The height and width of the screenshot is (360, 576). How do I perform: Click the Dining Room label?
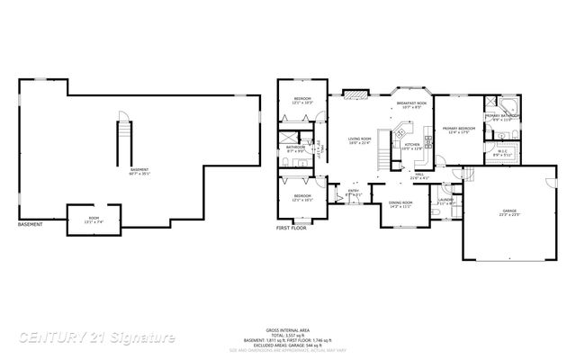tap(400, 204)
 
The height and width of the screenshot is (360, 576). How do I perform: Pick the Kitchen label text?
tap(411, 146)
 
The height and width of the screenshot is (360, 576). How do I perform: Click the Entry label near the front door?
tap(353, 191)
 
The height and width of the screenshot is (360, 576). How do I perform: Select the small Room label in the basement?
tap(93, 219)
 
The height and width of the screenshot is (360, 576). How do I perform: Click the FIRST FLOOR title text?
tap(292, 229)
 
